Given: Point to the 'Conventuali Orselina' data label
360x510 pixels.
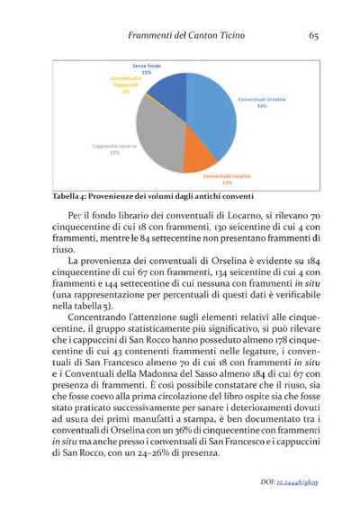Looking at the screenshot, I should (x=261, y=102).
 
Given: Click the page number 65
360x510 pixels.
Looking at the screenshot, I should (x=314, y=35).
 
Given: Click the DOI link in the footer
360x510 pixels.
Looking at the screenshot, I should (x=298, y=481).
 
